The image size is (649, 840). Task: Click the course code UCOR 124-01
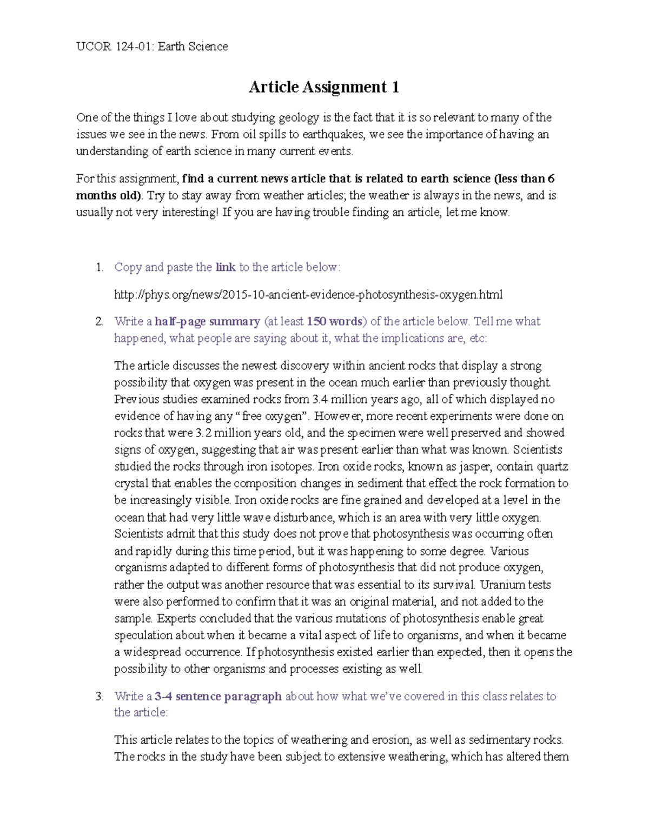(114, 47)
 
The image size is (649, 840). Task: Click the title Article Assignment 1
(323, 87)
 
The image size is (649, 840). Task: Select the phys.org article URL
(308, 295)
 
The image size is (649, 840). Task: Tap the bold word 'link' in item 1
(226, 267)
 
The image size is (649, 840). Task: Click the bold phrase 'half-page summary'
(207, 322)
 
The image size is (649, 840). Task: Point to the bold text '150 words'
(334, 322)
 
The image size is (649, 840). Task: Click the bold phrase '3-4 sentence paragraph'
(218, 697)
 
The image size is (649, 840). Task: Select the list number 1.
(98, 267)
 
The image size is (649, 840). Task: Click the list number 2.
(98, 322)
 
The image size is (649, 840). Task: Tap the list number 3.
(98, 697)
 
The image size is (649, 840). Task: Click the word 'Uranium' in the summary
(500, 585)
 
